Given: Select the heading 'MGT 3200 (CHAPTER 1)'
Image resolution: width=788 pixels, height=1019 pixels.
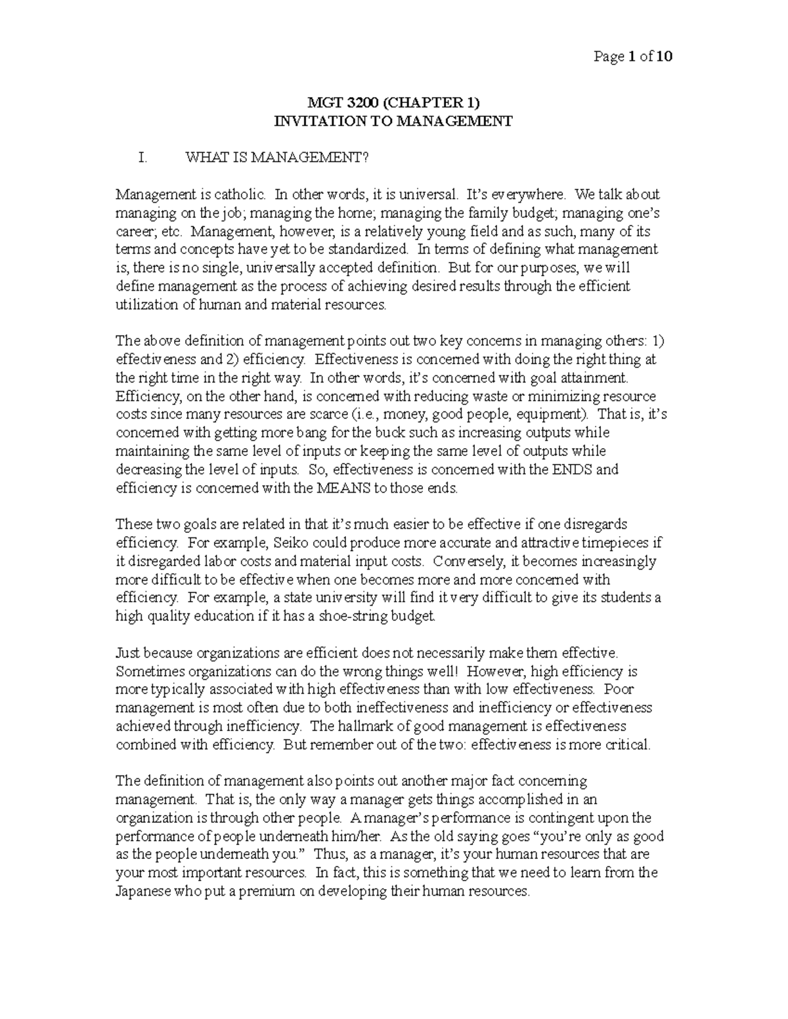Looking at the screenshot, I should (x=394, y=103).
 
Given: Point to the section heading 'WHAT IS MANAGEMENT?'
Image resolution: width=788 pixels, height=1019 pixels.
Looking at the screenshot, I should (x=278, y=158).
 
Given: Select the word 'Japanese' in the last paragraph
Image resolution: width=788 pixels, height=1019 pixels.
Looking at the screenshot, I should (x=142, y=892).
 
